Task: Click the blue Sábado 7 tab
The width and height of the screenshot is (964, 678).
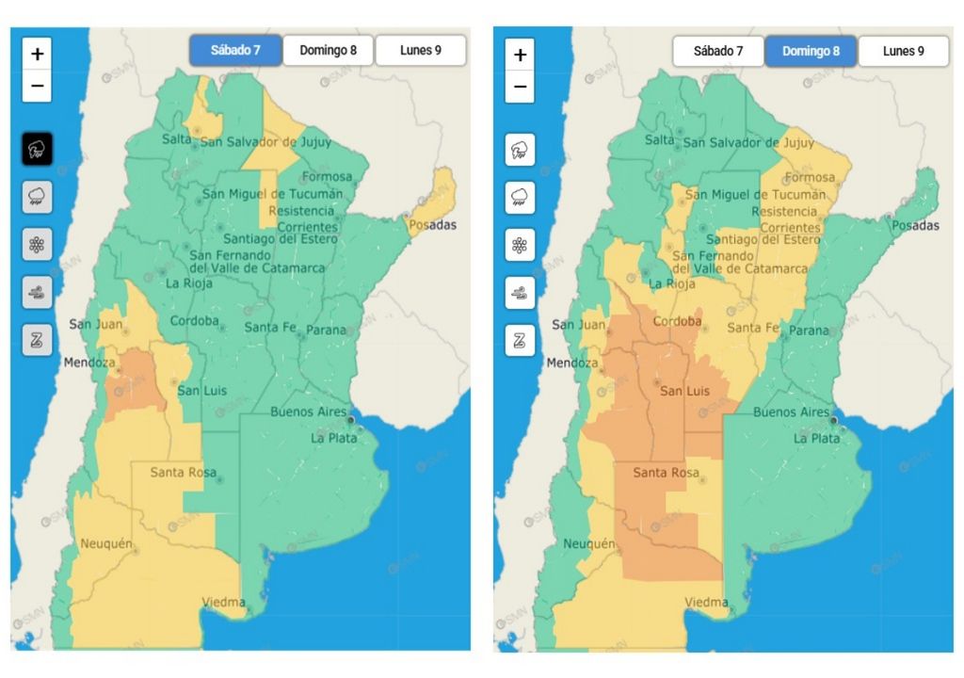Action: [235, 51]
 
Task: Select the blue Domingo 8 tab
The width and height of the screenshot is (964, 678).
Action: [811, 51]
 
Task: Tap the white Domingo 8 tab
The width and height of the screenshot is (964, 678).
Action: [328, 51]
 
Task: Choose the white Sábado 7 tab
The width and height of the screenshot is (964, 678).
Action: [718, 51]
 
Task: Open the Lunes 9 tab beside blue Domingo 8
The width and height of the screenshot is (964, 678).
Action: [903, 51]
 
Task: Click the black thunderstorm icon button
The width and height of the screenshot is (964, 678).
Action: [37, 149]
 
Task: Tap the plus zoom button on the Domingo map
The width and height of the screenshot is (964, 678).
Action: [520, 55]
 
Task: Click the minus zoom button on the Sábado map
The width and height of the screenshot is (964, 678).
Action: [37, 86]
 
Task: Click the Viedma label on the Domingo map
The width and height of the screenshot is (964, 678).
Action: [706, 602]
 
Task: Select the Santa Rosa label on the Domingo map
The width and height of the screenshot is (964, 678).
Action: [667, 473]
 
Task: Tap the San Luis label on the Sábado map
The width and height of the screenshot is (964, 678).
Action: [201, 391]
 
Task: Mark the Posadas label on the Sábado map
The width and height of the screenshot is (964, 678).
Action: [432, 225]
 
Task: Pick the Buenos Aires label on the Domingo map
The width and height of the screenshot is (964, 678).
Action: [791, 412]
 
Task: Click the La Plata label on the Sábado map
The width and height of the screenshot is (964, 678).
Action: [330, 438]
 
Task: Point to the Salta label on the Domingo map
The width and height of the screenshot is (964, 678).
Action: [659, 140]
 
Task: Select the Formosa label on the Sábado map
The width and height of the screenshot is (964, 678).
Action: [327, 176]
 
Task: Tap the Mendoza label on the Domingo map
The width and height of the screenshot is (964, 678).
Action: [572, 363]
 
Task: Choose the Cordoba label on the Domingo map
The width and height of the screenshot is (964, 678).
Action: [677, 321]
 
